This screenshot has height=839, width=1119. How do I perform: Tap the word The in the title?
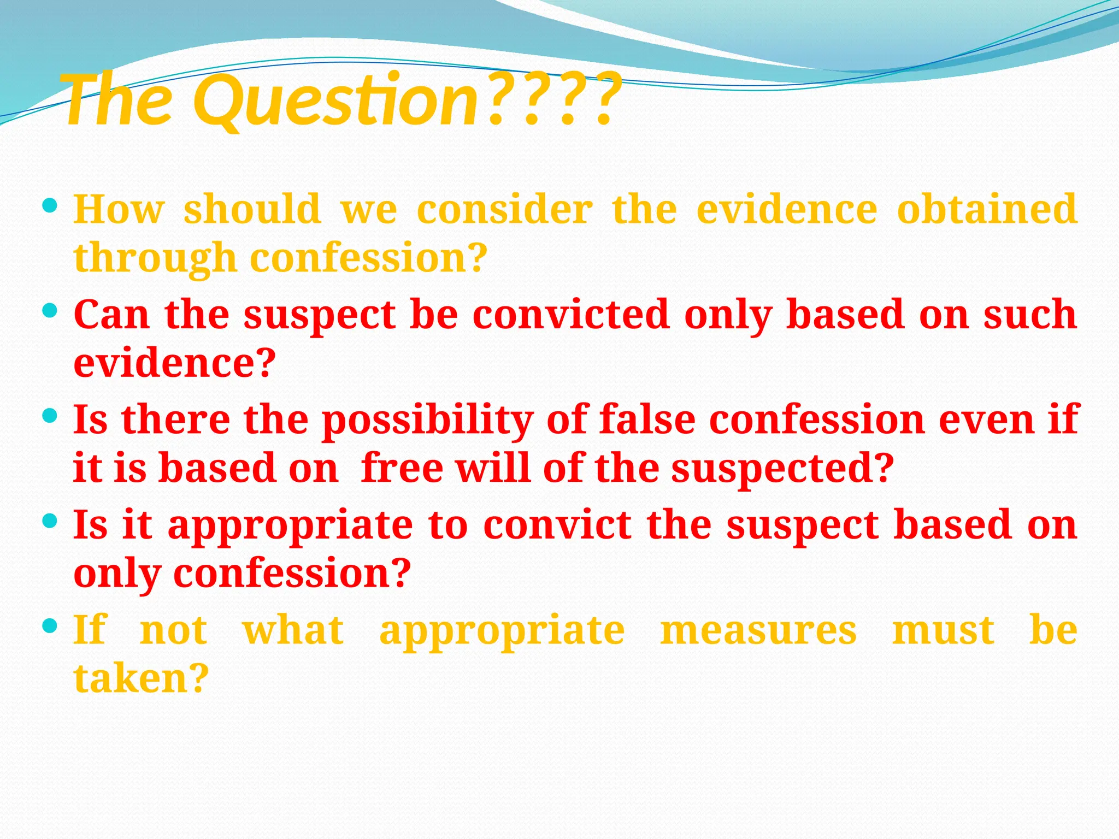[x=119, y=101]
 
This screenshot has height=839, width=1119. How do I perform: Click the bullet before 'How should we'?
[x=49, y=206]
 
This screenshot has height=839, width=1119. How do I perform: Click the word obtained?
[x=987, y=209]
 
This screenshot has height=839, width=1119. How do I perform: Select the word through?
[x=155, y=258]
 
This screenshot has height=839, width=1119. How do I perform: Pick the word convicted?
[x=571, y=315]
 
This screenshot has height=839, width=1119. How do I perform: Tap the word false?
[x=647, y=419]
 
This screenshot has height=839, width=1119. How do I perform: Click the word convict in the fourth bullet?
[x=557, y=525]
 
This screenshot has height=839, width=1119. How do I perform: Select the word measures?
[x=758, y=630]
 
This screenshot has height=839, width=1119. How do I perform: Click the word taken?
[x=141, y=678]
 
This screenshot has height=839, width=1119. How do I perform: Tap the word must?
[x=943, y=630]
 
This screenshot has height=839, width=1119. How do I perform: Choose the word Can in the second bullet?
[x=111, y=315]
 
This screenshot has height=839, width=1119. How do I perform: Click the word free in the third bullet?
[x=402, y=469]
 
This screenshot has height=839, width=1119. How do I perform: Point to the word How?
[x=119, y=209]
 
